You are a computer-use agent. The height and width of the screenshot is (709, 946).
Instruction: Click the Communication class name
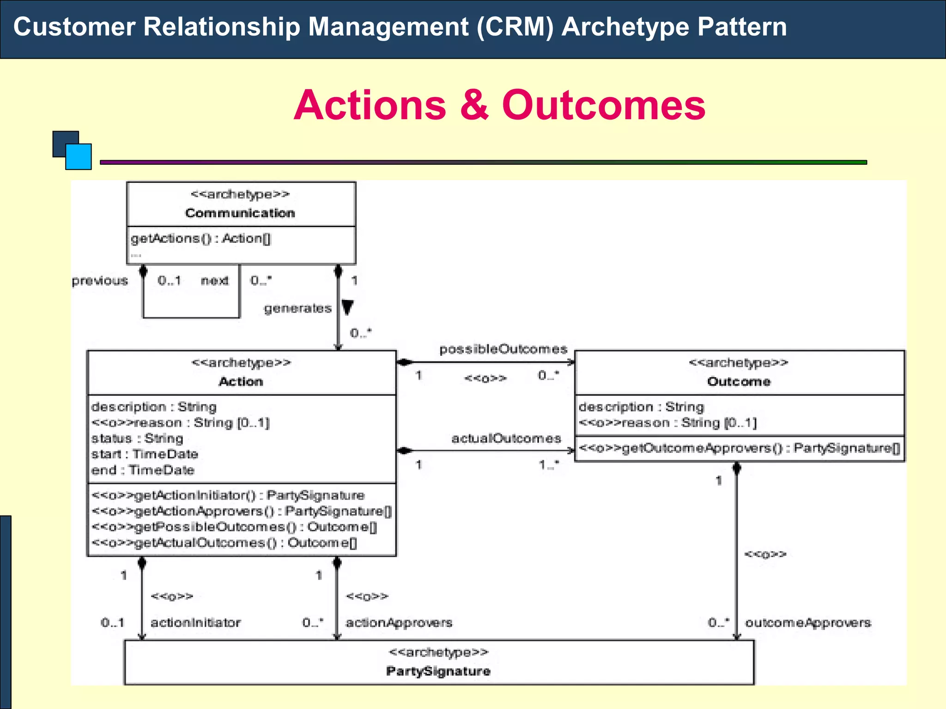240,213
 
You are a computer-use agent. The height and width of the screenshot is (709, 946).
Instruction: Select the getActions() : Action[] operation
200,239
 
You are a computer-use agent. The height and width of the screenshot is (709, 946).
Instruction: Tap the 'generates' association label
297,308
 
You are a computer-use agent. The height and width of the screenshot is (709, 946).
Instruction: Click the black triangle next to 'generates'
347,306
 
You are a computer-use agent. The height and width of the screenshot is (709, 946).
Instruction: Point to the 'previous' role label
100,281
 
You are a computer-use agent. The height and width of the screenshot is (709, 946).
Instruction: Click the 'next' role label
214,281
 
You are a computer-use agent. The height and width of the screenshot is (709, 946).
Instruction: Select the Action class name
241,381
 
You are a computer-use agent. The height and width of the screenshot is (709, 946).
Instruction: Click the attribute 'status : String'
137,438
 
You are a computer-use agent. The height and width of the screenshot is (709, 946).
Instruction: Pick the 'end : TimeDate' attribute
143,470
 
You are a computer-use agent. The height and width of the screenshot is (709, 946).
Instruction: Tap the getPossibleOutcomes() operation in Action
234,527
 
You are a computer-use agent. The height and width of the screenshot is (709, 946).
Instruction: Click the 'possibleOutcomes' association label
503,349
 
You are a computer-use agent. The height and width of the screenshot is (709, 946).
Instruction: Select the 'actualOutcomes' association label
506,438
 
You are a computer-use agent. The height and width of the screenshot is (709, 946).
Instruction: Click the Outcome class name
739,381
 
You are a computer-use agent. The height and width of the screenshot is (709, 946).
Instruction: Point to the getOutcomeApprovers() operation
739,448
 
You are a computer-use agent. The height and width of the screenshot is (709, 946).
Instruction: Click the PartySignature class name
438,671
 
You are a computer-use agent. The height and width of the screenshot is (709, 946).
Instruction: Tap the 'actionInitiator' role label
195,622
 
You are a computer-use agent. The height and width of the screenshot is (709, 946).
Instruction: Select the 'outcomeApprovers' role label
808,622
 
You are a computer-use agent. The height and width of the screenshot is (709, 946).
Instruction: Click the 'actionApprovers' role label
399,622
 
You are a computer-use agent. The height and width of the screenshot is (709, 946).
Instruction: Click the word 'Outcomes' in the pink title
603,105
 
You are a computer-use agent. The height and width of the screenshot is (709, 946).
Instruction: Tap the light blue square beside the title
79,157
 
